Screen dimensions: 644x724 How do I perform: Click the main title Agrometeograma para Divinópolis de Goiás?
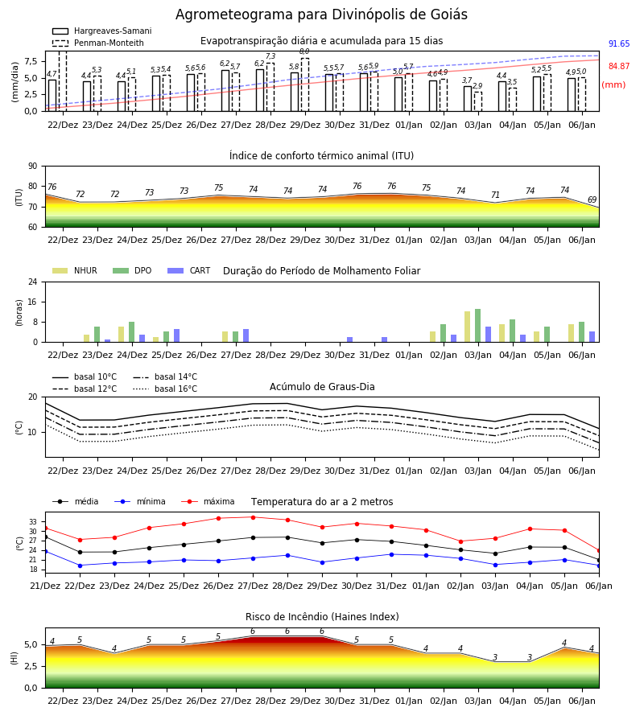[321, 14]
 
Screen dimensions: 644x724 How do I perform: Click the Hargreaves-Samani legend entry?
[101, 31]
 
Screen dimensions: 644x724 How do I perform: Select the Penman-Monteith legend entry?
[98, 43]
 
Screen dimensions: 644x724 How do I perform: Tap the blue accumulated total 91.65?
[619, 44]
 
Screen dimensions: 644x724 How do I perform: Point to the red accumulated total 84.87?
[619, 66]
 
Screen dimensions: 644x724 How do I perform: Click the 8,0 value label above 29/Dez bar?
[304, 51]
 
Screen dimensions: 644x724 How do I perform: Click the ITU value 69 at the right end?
[592, 200]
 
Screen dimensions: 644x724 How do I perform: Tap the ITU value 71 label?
[495, 195]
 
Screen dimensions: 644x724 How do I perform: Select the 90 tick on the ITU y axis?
[33, 167]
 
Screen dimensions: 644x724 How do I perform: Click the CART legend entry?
[189, 270]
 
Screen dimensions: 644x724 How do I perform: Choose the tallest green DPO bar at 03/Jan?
[477, 326]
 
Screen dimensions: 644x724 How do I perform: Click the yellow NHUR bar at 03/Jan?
[468, 327]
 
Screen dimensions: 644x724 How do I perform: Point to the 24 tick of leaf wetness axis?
[33, 282]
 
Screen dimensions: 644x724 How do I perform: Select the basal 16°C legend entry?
[165, 389]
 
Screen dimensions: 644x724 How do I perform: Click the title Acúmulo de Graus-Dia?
[322, 387]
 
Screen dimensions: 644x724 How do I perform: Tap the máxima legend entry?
[208, 501]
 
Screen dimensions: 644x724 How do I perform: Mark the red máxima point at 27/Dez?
[253, 517]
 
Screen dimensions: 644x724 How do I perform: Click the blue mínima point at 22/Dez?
[80, 566]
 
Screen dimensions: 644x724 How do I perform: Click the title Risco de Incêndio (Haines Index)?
[322, 617]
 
